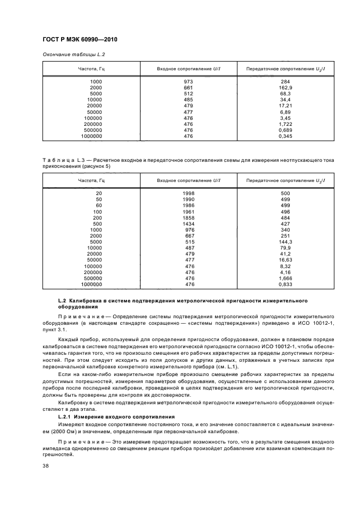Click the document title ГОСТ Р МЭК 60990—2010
coord(80,40)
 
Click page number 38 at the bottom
coord(45,466)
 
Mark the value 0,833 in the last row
coord(285,284)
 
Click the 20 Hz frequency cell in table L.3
coord(99,193)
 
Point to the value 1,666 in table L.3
coord(285,278)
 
